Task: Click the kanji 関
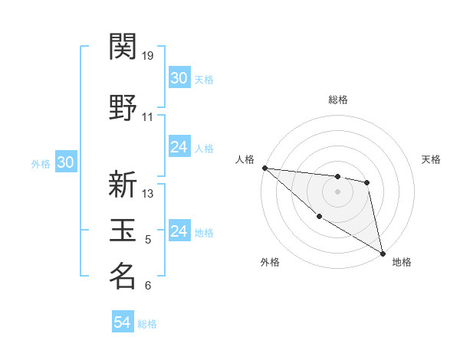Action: [x=123, y=47]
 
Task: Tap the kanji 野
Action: [x=123, y=104]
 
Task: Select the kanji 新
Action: [x=123, y=185]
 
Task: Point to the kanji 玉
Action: [x=123, y=230]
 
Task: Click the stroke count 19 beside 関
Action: [x=149, y=56]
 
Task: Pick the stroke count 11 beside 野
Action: [x=148, y=117]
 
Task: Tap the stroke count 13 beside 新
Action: [x=149, y=194]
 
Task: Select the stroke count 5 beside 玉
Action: [x=148, y=240]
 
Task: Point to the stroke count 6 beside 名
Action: [x=148, y=286]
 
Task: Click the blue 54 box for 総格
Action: [x=122, y=323]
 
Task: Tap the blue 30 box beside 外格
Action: [x=65, y=162]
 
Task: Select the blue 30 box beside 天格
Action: [x=179, y=78]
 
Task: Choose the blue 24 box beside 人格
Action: [x=179, y=147]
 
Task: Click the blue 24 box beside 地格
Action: [x=179, y=231]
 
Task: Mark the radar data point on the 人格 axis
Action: [x=264, y=168]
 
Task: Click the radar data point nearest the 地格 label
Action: [x=383, y=253]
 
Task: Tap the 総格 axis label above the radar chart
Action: [x=337, y=100]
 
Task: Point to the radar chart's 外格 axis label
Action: [x=270, y=263]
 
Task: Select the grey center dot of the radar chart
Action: [x=337, y=191]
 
